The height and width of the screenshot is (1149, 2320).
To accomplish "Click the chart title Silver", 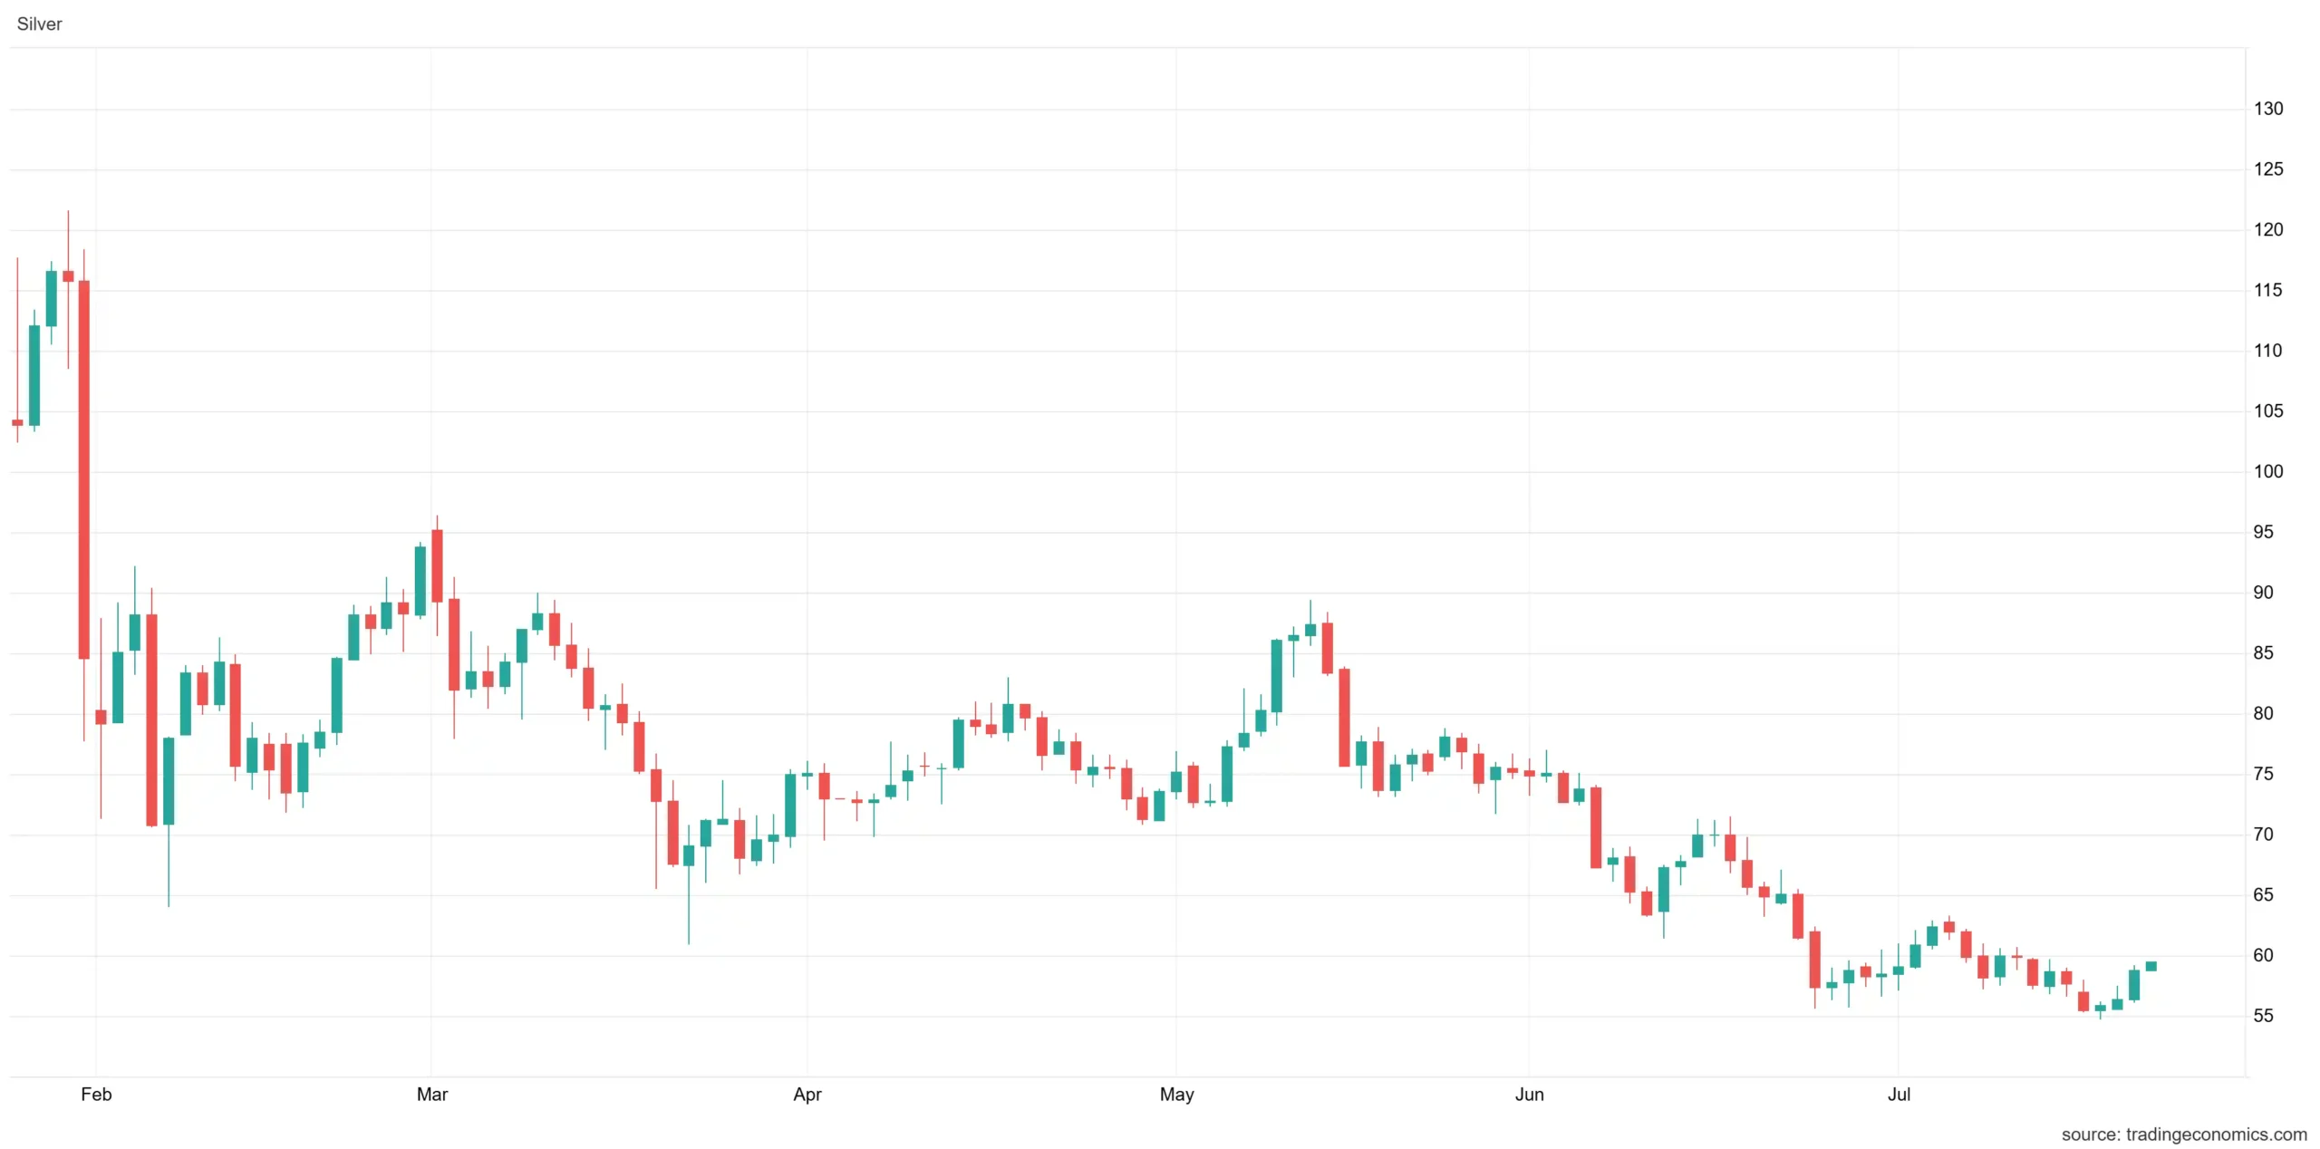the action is point(39,24).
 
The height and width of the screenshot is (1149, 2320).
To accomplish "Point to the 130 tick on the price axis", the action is point(2268,109).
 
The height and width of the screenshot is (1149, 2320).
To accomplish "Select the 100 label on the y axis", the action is point(2268,471).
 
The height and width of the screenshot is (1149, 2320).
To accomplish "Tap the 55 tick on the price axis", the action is point(2263,1016).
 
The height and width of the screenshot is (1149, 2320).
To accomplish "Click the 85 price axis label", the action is point(2263,652).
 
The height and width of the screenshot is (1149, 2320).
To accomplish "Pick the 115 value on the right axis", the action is point(2268,290).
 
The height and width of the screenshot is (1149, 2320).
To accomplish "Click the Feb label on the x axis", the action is point(96,1094).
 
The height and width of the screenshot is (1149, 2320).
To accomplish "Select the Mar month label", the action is point(432,1094).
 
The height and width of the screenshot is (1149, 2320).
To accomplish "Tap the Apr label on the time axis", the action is point(807,1094).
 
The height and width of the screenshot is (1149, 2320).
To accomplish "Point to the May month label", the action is point(1177,1094).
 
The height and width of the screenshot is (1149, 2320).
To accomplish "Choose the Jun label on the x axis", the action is point(1530,1094).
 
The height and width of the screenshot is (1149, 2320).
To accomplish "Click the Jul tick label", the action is point(1899,1094).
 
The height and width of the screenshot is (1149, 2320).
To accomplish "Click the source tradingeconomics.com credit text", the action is point(2184,1135).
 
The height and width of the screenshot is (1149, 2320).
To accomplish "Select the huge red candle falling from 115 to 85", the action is point(84,469).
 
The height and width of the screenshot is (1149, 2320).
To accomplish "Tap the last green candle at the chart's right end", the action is point(2151,966).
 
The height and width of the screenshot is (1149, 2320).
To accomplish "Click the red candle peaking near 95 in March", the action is point(437,565).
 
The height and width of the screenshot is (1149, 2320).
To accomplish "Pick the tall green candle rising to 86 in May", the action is point(1277,676).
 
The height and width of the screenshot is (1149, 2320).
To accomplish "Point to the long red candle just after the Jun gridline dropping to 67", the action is point(1596,827).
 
